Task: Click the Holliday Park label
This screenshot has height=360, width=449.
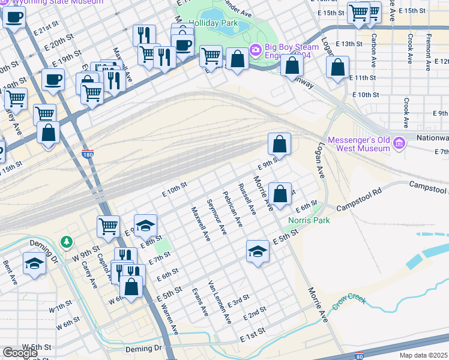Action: [214, 23]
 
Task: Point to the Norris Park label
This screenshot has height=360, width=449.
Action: [309, 220]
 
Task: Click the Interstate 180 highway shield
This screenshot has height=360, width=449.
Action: [87, 153]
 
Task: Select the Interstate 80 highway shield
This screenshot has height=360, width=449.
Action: [358, 356]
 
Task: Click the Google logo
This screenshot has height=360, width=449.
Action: [20, 353]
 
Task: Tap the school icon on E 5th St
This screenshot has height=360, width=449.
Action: [258, 250]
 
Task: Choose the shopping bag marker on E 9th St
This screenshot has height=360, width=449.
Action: [279, 143]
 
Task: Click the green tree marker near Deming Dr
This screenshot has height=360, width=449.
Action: [67, 242]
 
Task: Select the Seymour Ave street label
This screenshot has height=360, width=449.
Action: [216, 217]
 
